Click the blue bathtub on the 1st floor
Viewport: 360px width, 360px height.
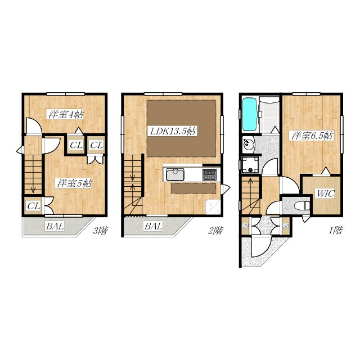coord(250,114)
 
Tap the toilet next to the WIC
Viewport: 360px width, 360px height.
coord(301,205)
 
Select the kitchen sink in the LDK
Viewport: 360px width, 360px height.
coord(175,174)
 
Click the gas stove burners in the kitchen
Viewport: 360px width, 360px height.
coord(209,174)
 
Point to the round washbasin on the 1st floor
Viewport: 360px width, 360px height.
coord(248,144)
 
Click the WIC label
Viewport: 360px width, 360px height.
coord(325,193)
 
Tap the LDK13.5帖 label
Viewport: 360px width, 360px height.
coord(173,131)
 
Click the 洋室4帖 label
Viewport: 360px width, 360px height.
coord(66,114)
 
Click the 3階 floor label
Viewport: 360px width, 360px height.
coord(100,230)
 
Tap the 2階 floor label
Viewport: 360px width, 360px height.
coord(215,230)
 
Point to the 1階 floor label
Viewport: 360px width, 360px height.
coord(336,230)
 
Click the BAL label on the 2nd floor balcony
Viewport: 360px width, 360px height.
coord(154,226)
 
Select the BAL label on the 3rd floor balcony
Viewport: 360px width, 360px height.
coord(55,226)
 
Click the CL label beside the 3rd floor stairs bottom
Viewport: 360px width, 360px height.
coord(34,206)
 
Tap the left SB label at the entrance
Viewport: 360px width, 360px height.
coord(246,226)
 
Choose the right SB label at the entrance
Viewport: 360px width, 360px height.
coord(286,226)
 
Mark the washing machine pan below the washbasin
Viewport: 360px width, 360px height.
coord(250,165)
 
